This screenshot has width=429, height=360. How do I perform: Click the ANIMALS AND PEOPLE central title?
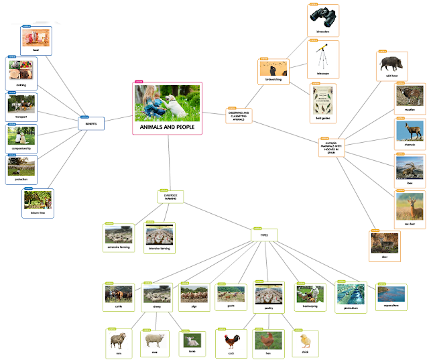167,126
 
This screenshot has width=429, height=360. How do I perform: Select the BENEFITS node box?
91,123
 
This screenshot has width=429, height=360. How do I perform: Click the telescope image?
324,54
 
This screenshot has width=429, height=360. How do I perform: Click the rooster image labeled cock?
231,340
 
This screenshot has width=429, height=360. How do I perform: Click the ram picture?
118,339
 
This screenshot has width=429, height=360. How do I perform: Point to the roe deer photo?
408,204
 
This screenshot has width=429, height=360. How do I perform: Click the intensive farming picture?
160,235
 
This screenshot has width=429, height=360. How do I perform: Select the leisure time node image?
38,200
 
